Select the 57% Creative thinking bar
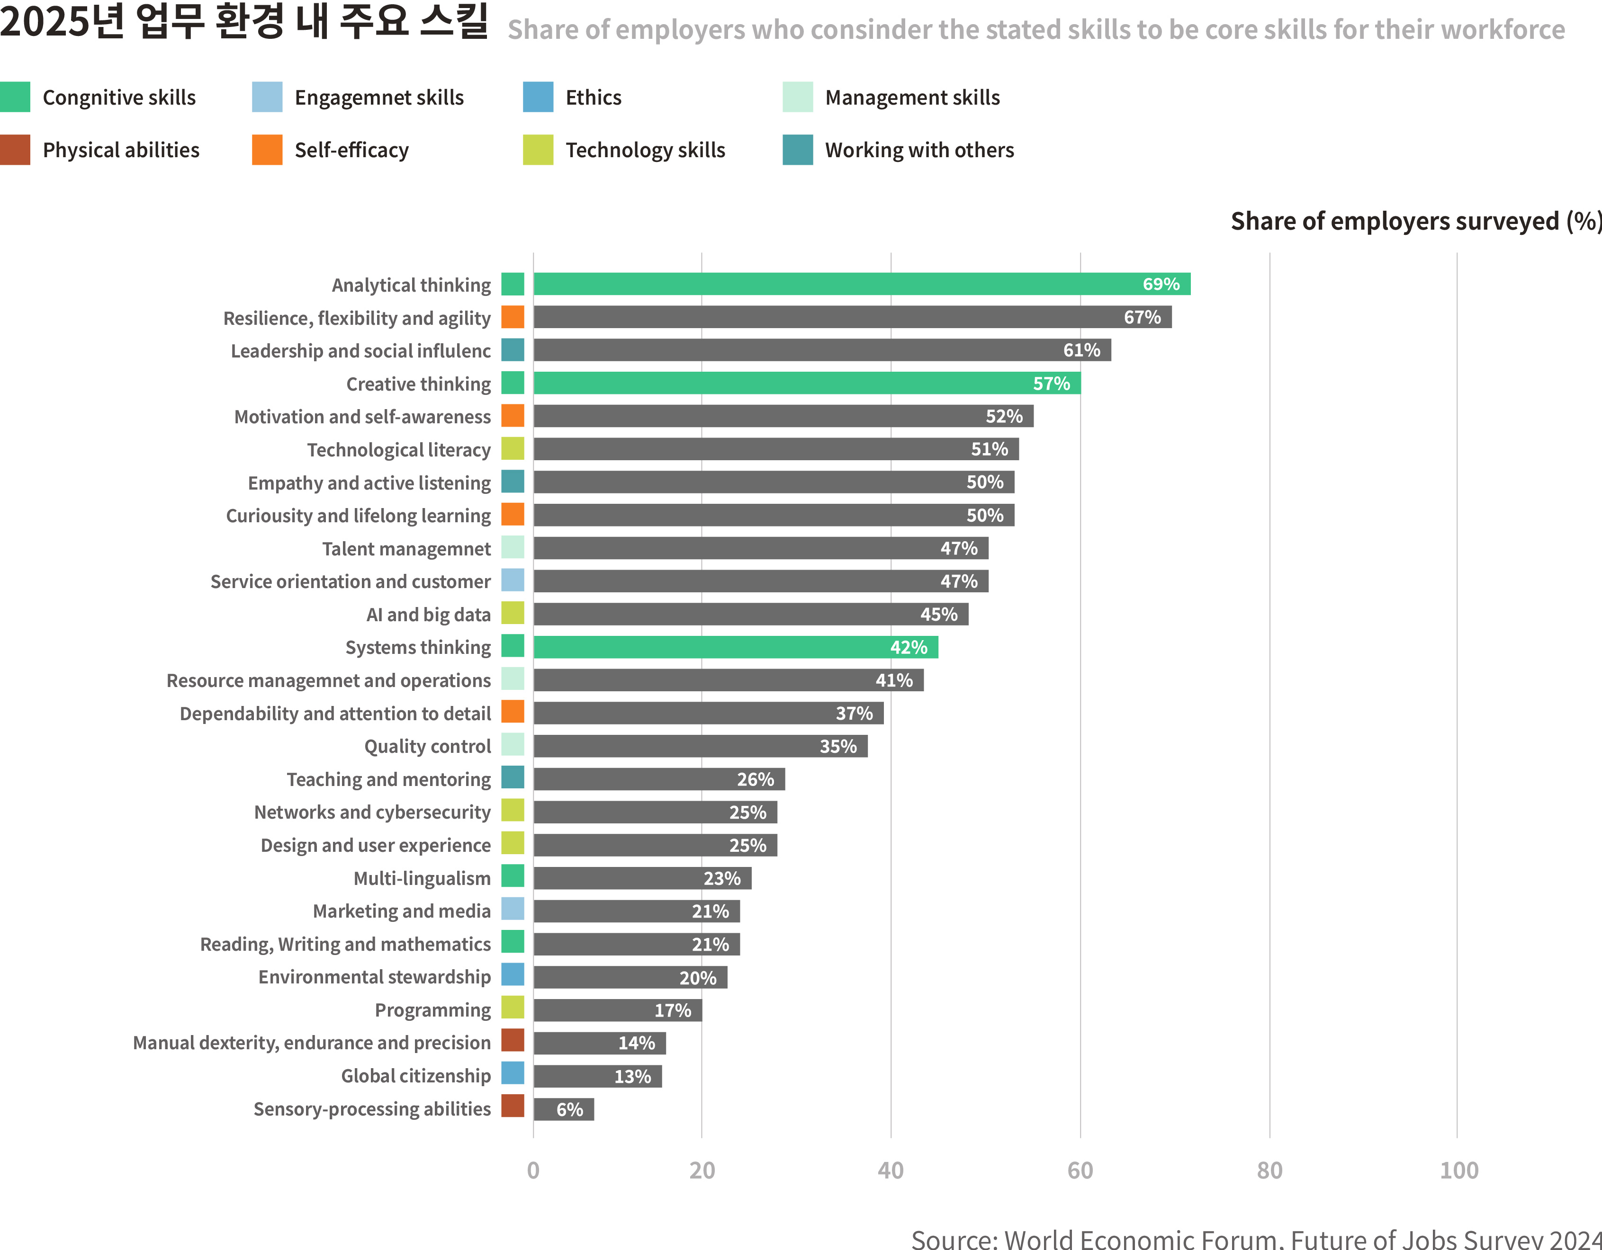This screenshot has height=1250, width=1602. click(x=806, y=383)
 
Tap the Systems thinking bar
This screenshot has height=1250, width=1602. click(x=735, y=647)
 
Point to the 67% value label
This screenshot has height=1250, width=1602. click(x=1142, y=317)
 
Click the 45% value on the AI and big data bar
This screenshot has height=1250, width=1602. click(x=938, y=615)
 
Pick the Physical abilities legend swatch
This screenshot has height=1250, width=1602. click(x=16, y=150)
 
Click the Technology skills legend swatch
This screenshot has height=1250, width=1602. click(x=538, y=150)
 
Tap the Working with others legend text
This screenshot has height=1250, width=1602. click(x=919, y=150)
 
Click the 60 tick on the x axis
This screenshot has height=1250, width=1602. click(x=1080, y=1170)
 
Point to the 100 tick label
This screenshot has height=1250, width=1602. click(x=1458, y=1170)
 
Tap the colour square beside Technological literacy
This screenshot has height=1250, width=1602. click(x=513, y=449)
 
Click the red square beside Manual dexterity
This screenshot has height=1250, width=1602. click(x=513, y=1040)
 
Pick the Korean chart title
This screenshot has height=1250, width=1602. click(x=244, y=22)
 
